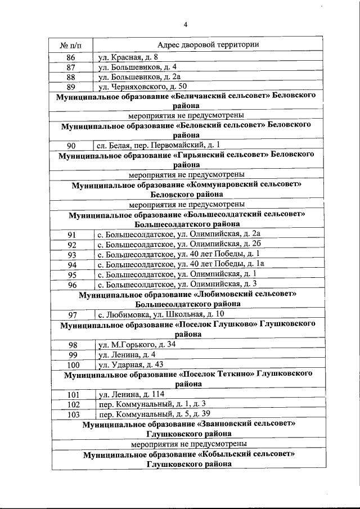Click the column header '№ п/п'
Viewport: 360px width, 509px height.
coord(71,45)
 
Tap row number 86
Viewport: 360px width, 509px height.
coord(71,58)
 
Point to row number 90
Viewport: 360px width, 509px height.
coord(71,145)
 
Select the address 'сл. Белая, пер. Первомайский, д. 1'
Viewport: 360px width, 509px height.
coord(158,145)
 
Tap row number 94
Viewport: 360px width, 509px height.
coord(71,264)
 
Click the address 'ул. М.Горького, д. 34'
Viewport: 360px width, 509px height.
coord(136,345)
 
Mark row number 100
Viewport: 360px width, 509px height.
coord(71,364)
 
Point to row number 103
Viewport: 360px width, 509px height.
coord(71,414)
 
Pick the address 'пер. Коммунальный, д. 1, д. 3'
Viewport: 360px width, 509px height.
coord(151,404)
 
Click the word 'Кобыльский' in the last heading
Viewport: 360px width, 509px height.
coord(226,454)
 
